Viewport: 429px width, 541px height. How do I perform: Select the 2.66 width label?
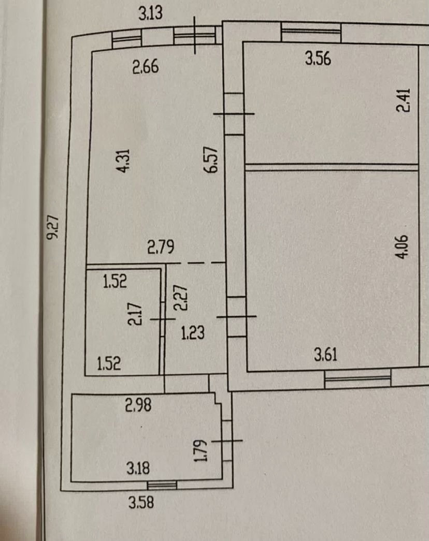click(x=145, y=67)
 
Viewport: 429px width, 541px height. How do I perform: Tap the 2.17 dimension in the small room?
click(x=134, y=313)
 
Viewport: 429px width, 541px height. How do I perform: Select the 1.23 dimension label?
click(x=193, y=332)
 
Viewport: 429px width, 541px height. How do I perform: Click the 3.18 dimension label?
click(x=138, y=469)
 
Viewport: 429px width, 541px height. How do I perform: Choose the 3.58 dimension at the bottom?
click(x=141, y=502)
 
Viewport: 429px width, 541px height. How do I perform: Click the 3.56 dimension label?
click(x=318, y=59)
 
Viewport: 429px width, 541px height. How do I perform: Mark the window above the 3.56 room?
click(x=311, y=34)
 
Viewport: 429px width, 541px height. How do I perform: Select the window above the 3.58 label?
click(x=162, y=485)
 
